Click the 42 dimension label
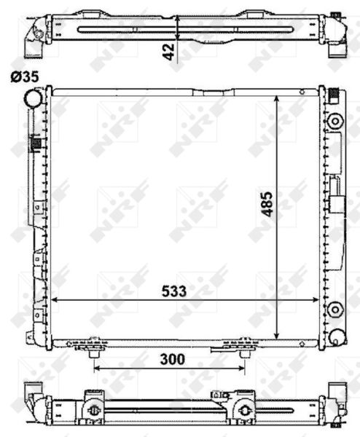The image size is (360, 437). click(x=168, y=52)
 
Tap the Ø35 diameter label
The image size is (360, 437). click(x=25, y=77)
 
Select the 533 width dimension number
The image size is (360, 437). click(x=173, y=291)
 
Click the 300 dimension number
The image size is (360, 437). click(x=172, y=359)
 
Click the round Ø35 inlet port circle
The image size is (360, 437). click(x=34, y=98)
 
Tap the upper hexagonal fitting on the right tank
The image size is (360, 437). click(x=335, y=122)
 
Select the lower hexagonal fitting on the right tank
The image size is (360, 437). click(x=335, y=310)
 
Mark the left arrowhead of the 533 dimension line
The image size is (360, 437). click(x=55, y=300)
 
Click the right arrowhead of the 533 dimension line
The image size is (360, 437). click(x=316, y=300)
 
